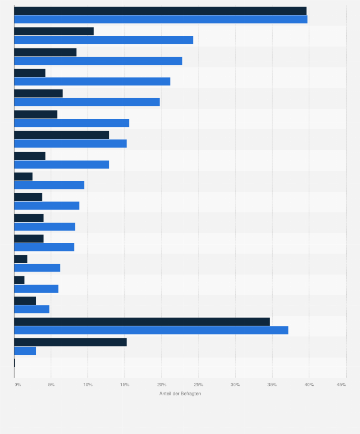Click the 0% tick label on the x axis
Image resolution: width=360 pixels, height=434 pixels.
18,384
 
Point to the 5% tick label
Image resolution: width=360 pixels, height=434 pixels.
51,384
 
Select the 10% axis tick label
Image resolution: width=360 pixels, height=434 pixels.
87,384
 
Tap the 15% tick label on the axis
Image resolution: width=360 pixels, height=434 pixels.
124,384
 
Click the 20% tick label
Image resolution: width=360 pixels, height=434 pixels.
161,384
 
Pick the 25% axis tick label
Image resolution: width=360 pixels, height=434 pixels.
198,384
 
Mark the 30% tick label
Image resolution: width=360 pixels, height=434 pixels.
235,384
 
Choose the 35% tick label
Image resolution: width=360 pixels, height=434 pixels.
272,384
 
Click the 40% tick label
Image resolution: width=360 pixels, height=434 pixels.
309,384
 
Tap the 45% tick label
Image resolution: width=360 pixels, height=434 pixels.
341,384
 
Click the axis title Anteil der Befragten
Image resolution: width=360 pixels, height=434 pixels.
180,393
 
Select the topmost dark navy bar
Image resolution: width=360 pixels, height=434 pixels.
160,11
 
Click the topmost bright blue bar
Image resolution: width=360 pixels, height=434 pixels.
160,20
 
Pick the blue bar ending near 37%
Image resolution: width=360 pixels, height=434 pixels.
151,330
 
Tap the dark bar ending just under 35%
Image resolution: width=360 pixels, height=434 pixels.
142,321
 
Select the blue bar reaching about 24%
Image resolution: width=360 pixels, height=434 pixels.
104,40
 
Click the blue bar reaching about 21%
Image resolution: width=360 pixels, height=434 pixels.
92,82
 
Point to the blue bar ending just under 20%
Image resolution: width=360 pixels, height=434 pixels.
87,102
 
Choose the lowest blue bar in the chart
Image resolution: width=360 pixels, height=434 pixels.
25,351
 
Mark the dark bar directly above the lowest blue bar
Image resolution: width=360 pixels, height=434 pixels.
70,342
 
